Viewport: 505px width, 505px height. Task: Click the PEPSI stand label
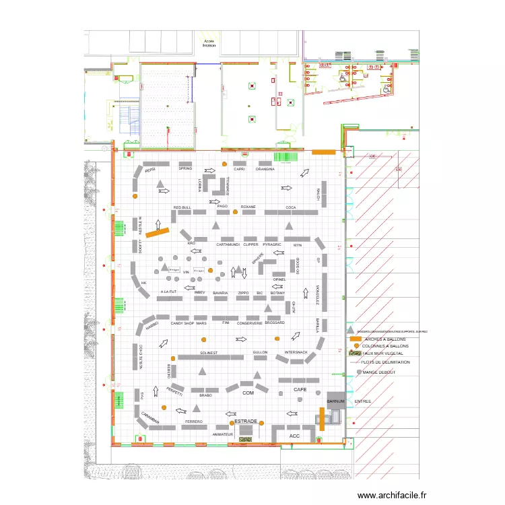tap(149, 170)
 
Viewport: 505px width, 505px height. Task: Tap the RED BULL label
tap(182, 207)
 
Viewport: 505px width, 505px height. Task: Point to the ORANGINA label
tap(265, 169)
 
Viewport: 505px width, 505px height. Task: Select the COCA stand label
tap(291, 207)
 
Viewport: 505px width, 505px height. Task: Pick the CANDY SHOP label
tap(182, 323)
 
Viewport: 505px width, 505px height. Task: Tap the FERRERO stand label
tap(194, 422)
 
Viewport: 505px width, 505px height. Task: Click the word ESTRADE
tap(246, 421)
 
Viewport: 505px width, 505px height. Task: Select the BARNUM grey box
tap(335, 401)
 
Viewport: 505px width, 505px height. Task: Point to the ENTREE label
tap(363, 401)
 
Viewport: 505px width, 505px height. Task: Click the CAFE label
tap(300, 390)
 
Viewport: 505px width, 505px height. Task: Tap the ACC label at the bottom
tap(294, 436)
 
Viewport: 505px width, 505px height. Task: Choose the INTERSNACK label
tap(296, 352)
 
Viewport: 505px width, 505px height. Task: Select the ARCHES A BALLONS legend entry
tap(384, 339)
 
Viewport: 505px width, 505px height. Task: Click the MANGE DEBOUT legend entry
tap(378, 372)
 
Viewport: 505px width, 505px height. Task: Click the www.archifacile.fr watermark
tap(392, 495)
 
